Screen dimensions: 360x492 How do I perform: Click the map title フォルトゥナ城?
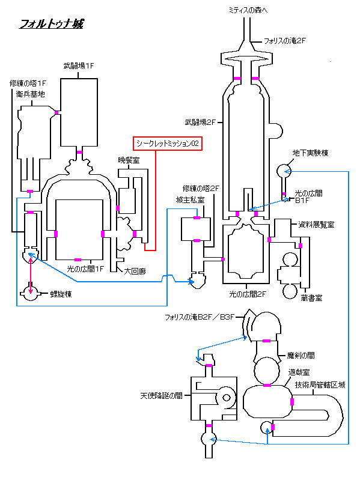[x=52, y=24]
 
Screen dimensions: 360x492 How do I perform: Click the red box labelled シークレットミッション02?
[x=168, y=144]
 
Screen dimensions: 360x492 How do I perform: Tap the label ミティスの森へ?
[x=248, y=10]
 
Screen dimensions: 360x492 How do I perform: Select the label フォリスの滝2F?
[x=284, y=41]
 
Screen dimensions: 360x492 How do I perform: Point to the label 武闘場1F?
[x=79, y=66]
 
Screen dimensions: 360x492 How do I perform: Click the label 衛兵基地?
[x=31, y=94]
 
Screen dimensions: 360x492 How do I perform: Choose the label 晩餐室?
[x=129, y=160]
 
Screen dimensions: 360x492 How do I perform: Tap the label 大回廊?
[x=135, y=271]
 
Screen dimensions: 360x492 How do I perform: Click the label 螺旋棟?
[x=61, y=294]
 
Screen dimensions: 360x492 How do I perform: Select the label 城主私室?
[x=190, y=200]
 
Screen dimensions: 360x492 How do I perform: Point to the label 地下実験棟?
[x=310, y=153]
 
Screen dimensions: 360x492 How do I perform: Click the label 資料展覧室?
[x=316, y=224]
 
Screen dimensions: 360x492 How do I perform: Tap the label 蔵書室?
[x=311, y=298]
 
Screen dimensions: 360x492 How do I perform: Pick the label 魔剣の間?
[x=301, y=356]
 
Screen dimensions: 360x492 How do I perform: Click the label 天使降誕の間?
[x=161, y=396]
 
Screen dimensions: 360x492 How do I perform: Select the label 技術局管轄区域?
[x=320, y=384]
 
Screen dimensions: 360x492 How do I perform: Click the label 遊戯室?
[x=299, y=372]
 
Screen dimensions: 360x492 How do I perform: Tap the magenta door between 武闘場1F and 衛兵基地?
[x=56, y=113]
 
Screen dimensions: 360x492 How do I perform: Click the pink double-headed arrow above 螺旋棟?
[x=31, y=276]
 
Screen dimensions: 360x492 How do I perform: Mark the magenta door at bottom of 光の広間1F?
[x=78, y=260]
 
